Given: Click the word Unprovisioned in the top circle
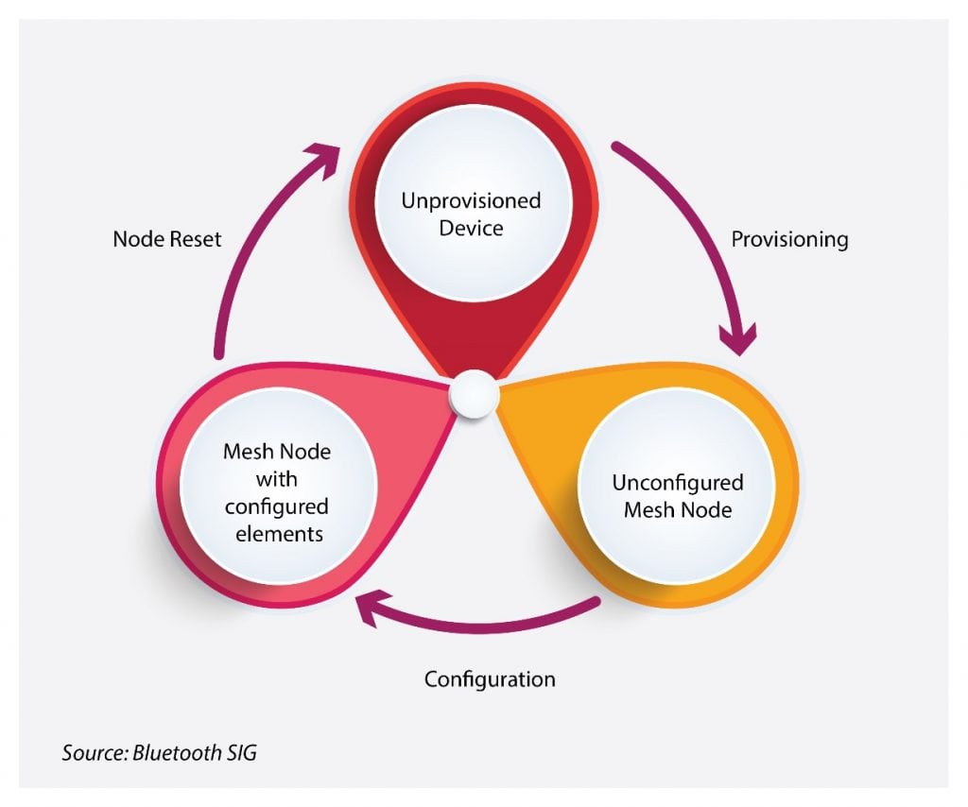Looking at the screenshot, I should (471, 201).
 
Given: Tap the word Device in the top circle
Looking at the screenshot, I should (471, 228).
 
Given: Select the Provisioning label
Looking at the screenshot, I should (789, 239).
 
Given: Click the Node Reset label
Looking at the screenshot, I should (167, 239).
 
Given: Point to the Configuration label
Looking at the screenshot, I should (490, 679).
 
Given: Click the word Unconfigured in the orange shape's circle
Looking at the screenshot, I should (678, 483).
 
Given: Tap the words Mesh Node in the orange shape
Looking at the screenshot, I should (678, 510).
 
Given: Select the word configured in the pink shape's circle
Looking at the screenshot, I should (277, 506).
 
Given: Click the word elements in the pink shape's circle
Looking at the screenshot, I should (277, 533).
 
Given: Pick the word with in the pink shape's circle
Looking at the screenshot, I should (277, 478).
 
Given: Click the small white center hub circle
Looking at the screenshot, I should (473, 395).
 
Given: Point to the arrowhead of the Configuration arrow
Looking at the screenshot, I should (370, 608).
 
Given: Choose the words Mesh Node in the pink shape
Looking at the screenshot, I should (277, 452).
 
